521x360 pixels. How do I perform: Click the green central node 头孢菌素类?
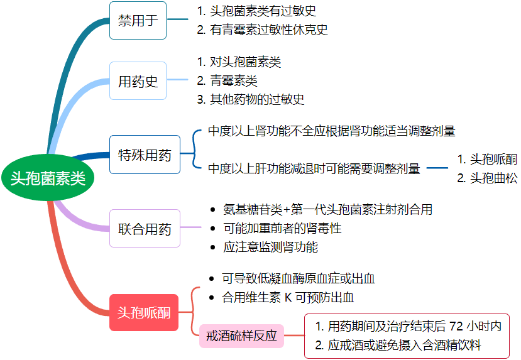(48, 179)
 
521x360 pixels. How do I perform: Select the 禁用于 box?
(138, 20)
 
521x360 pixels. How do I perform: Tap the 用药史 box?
(138, 81)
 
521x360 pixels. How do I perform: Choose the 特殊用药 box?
(145, 155)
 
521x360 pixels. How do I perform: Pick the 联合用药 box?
(145, 229)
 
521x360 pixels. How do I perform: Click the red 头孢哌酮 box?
(144, 312)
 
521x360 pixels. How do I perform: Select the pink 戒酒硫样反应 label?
(241, 335)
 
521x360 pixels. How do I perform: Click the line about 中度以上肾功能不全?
(331, 131)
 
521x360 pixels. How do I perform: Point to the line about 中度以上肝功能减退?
(314, 168)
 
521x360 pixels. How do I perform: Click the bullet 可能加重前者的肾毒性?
(282, 228)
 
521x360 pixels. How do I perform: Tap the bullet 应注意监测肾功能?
(270, 247)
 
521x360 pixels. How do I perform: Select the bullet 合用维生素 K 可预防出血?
(292, 297)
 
